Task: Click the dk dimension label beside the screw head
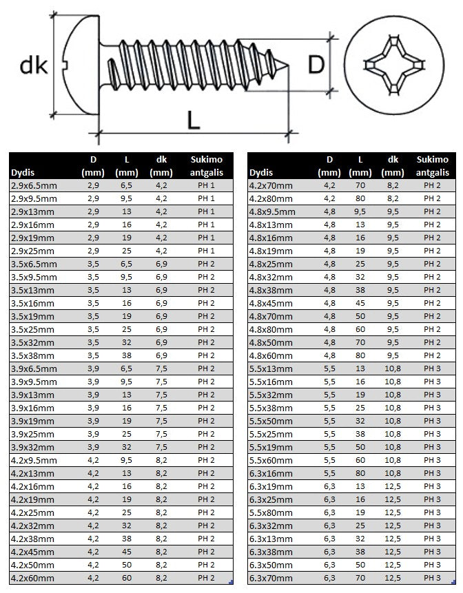33,66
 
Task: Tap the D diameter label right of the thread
316,65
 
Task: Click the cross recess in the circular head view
391,65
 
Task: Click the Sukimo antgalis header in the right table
433,167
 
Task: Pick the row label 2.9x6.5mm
34,185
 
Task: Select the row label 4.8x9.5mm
272,211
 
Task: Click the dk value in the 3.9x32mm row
161,446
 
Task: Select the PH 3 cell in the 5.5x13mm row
433,368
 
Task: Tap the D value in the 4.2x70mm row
330,185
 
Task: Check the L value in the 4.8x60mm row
359,355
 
